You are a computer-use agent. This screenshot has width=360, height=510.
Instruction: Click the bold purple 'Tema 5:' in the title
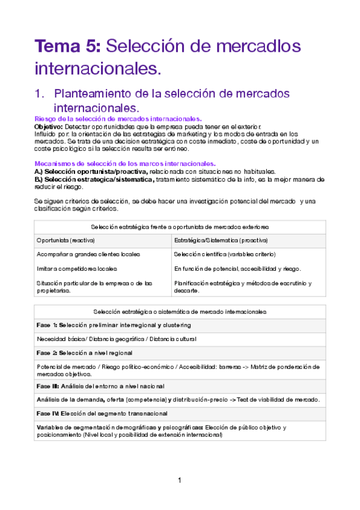point(68,46)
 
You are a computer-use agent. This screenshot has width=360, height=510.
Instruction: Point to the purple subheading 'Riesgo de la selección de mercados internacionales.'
point(118,120)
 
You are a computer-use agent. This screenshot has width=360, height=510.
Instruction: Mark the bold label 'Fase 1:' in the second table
point(47,325)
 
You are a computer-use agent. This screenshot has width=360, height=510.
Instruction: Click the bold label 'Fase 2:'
point(47,353)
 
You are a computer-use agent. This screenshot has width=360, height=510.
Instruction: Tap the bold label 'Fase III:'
point(48,386)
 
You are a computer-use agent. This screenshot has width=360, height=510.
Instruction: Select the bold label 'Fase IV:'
point(48,413)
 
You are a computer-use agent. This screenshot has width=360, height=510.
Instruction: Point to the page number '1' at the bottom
point(180,480)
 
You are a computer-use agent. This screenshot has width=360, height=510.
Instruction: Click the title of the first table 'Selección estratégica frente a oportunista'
point(180,227)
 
